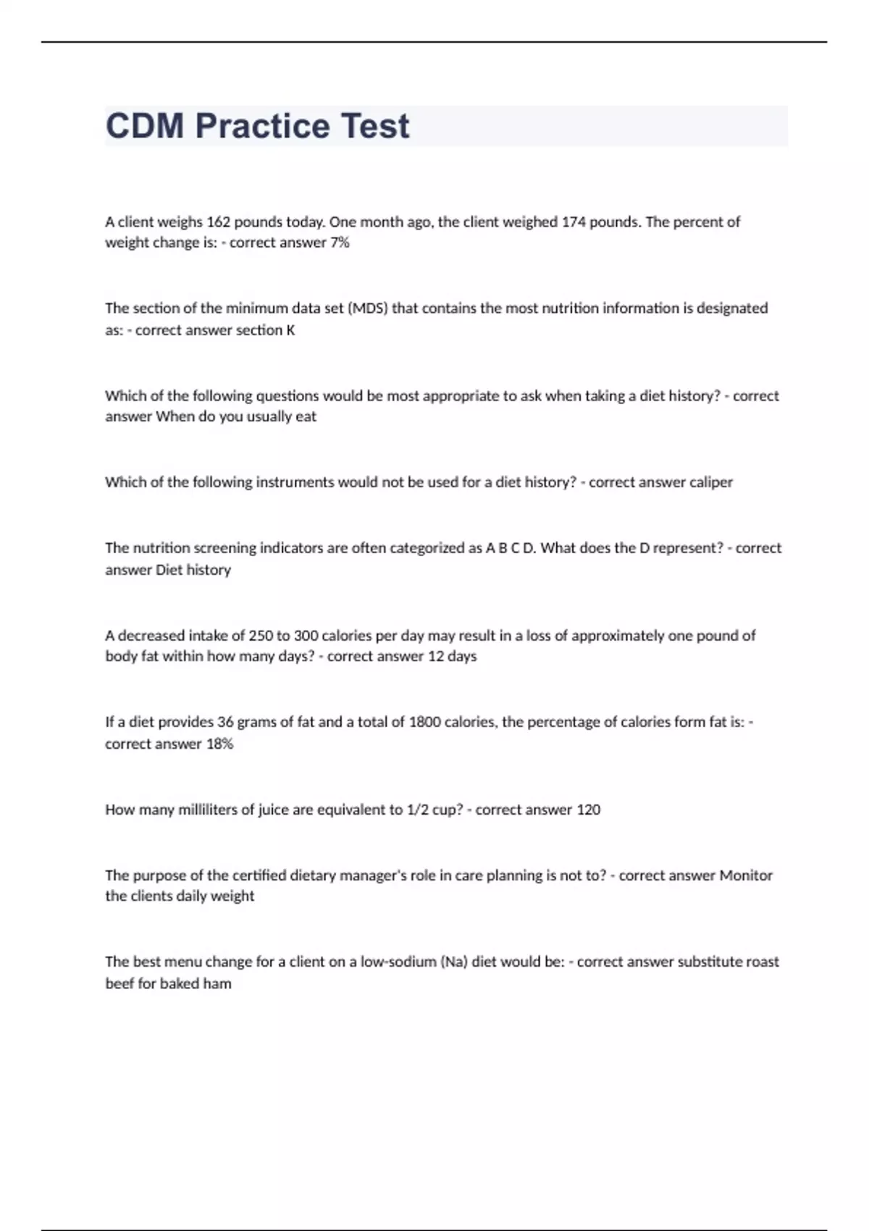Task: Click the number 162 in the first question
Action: [218, 222]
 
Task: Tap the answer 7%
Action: [340, 243]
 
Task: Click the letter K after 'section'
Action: [290, 330]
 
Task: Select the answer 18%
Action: [219, 744]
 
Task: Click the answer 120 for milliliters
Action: [588, 810]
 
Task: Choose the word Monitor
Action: [746, 875]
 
